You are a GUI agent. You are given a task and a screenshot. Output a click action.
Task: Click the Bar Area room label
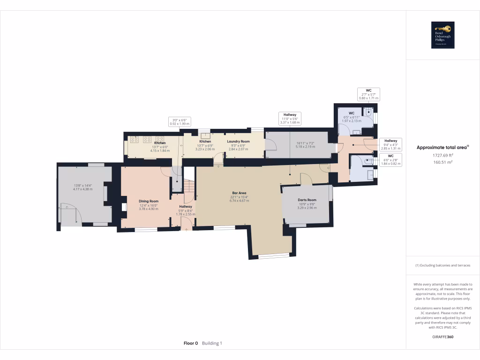240,192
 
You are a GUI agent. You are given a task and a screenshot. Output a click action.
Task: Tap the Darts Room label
307,200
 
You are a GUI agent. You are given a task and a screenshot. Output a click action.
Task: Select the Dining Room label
149,201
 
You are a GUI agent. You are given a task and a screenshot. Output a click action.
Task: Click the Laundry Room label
238,141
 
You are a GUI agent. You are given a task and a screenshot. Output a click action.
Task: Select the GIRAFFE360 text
443,337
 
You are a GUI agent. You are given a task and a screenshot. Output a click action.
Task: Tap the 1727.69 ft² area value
442,155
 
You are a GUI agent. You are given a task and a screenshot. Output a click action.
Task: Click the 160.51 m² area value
442,163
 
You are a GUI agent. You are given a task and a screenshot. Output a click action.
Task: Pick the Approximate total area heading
442,147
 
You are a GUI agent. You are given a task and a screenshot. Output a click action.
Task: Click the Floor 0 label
191,343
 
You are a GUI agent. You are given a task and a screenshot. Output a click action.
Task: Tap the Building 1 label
212,343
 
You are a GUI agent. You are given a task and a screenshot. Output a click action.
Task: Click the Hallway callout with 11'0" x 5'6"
290,118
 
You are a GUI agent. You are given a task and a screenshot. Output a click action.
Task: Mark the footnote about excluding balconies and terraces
442,265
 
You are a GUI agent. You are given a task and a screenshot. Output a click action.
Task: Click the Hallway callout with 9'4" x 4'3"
391,143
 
